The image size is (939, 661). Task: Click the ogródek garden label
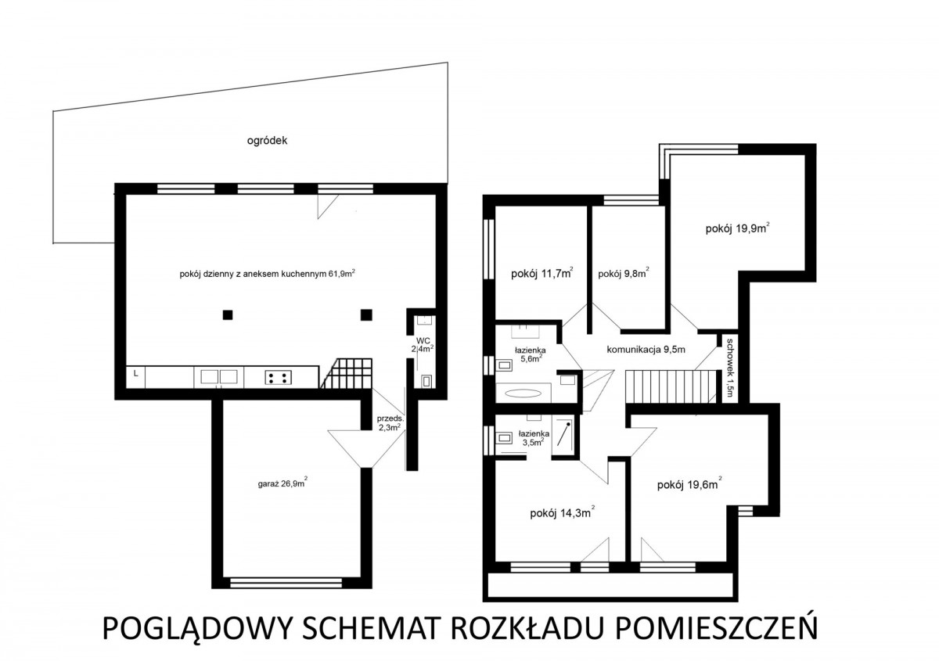(x=267, y=141)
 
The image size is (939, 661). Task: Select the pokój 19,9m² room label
(x=737, y=228)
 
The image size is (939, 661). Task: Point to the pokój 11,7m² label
(x=542, y=273)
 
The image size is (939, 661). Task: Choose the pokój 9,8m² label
(x=624, y=273)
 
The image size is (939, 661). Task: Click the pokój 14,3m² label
(x=562, y=512)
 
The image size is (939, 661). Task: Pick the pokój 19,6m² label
(x=689, y=484)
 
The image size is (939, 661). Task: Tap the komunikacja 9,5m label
(x=646, y=349)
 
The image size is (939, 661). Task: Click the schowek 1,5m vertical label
(x=730, y=368)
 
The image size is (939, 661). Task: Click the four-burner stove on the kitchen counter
(x=279, y=378)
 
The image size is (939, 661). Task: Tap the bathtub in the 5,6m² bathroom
(x=523, y=393)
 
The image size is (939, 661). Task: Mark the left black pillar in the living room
(x=227, y=314)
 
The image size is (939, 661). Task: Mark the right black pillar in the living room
(x=366, y=314)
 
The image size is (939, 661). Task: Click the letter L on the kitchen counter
(x=135, y=373)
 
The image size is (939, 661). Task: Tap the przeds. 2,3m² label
(x=390, y=423)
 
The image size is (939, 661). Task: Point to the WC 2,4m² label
(x=423, y=344)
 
